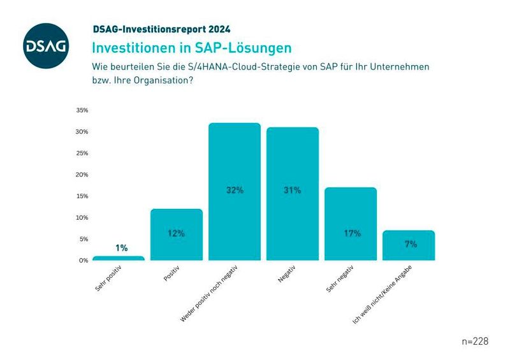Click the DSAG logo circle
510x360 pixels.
tap(45, 45)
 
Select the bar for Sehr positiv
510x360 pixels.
tap(119, 258)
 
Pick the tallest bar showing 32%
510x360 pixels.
tap(235, 191)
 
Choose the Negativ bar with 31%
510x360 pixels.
tap(293, 194)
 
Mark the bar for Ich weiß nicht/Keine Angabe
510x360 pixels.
tap(409, 245)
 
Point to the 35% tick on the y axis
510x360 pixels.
tap(82, 110)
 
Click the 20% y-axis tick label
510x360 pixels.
tap(82, 175)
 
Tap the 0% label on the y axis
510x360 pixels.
tap(84, 261)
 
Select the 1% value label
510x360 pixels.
tap(121, 248)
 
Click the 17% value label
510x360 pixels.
tap(351, 233)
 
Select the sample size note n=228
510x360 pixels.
tap(475, 342)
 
